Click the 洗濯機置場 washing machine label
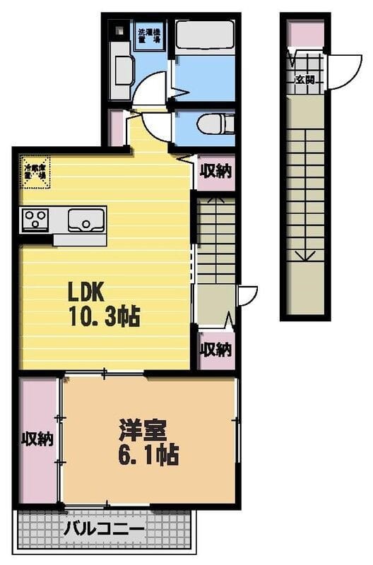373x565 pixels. (x=149, y=37)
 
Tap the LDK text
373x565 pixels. (x=85, y=291)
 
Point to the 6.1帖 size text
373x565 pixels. (x=148, y=453)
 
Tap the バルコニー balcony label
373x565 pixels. (x=104, y=528)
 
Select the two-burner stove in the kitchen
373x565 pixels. (x=34, y=219)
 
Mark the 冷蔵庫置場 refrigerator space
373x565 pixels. (x=36, y=173)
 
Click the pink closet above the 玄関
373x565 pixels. (x=305, y=34)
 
